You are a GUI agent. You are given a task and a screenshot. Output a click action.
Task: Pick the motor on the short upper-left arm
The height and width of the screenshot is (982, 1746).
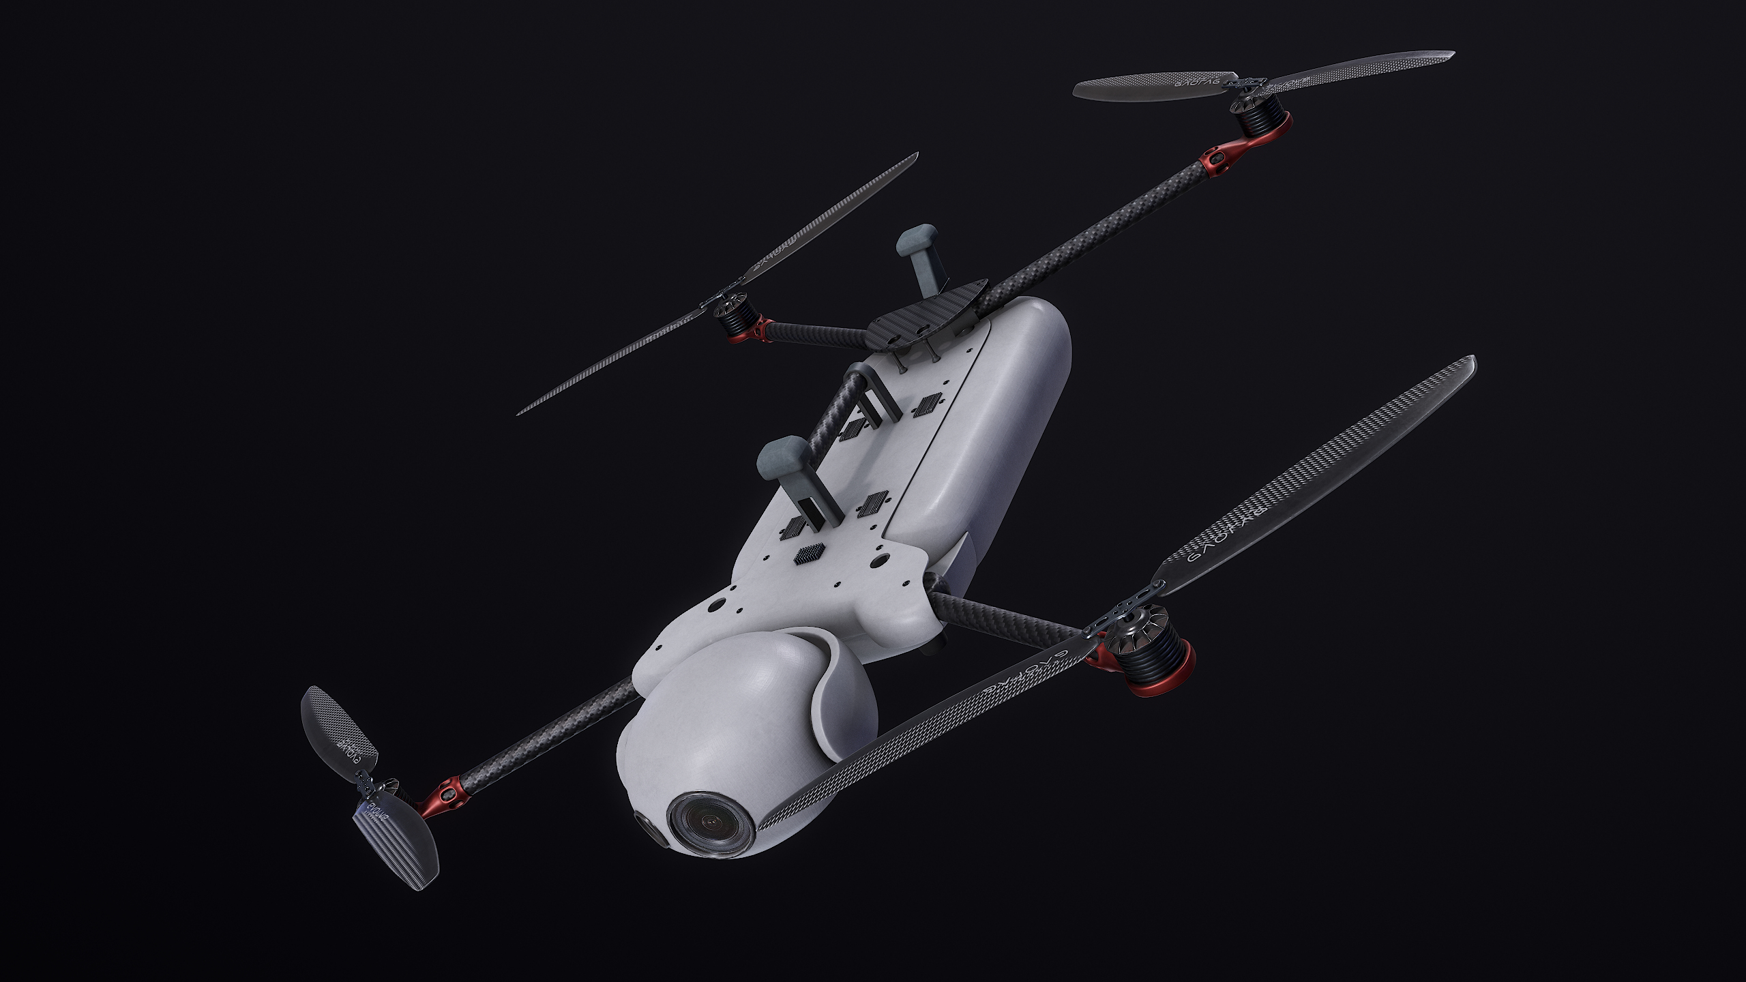[737, 318]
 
